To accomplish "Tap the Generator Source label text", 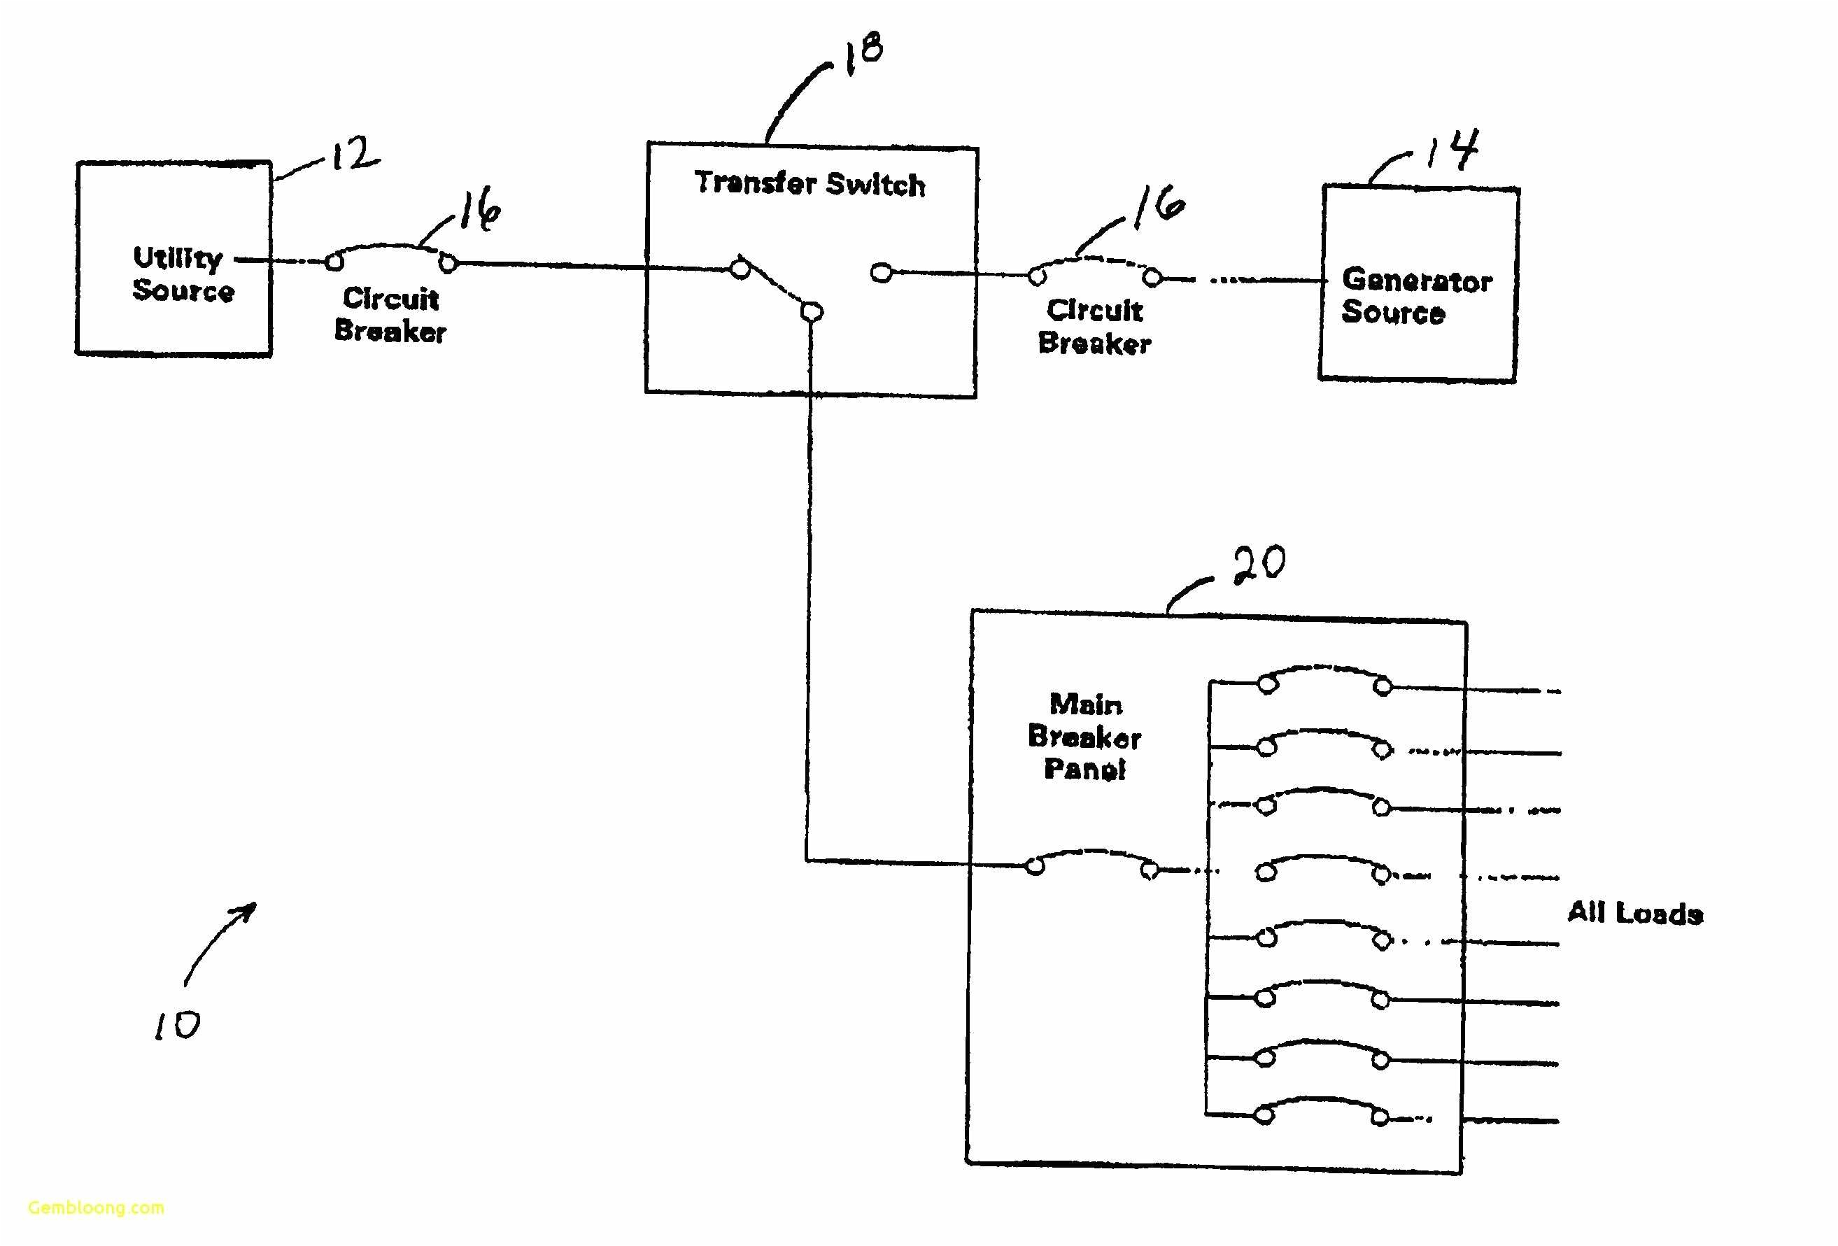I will coord(1415,296).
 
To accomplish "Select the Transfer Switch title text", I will coord(810,183).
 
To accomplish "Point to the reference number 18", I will coord(863,52).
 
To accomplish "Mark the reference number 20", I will coord(1259,565).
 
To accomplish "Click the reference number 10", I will coord(177,1026).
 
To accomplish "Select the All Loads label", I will coord(1634,913).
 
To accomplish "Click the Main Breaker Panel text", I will coord(1084,736).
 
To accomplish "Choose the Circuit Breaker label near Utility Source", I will coord(390,315).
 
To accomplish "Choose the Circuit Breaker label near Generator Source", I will coord(1094,327).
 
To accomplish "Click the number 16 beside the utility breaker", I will coord(479,208).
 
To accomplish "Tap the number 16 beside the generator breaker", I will coord(1158,206).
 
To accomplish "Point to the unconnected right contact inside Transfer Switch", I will coord(881,273).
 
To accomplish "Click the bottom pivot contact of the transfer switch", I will coord(812,312).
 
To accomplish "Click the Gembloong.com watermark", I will coord(96,1208).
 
